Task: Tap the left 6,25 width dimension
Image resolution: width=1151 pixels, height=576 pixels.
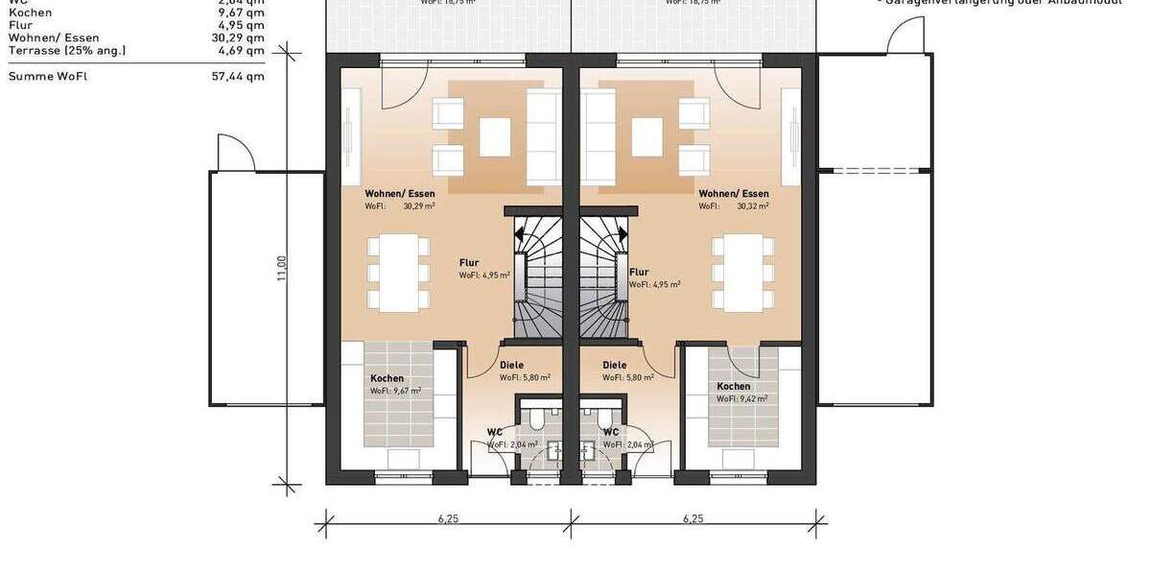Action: coord(448,518)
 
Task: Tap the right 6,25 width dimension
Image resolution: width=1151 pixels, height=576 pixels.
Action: coord(693,518)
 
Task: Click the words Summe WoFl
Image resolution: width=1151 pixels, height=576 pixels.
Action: coord(47,76)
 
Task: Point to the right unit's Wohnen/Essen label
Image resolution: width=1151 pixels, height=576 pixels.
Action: coord(734,194)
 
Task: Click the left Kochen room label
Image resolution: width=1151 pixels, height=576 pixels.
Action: coord(387,378)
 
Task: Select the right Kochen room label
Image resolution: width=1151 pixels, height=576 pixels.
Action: coord(734,386)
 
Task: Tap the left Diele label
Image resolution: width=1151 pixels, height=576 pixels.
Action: coord(511,366)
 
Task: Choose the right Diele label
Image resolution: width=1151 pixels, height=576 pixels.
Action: coord(614,366)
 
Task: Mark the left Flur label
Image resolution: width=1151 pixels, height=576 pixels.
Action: coord(469,262)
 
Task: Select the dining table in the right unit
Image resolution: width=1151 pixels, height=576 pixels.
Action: coord(742,273)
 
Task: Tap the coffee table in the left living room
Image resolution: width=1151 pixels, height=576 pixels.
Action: coord(495,136)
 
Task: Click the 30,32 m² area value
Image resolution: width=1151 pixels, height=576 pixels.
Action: coord(753,206)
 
